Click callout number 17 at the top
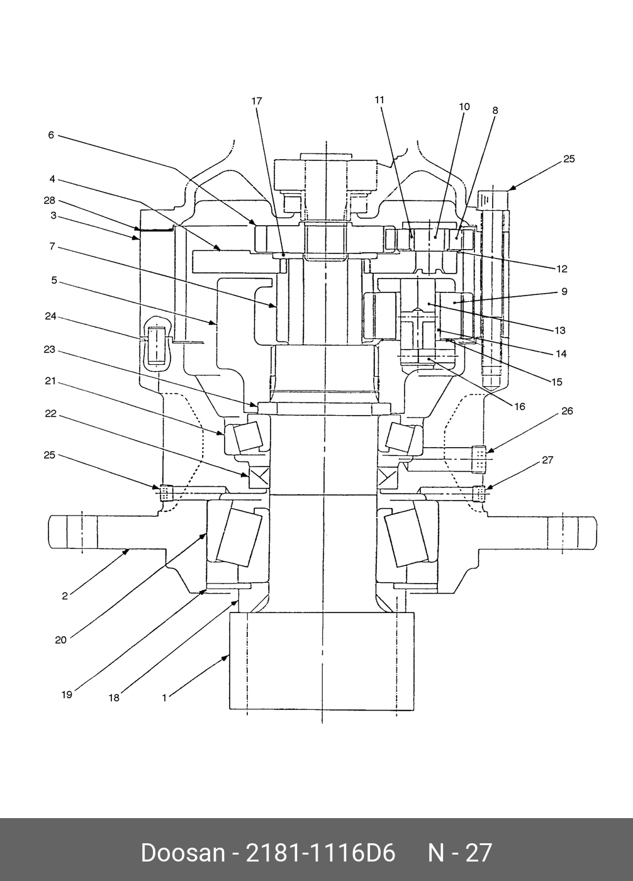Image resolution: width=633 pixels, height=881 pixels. [x=256, y=101]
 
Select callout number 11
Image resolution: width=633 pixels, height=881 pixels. [x=379, y=99]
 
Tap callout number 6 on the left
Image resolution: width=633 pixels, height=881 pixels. [x=51, y=135]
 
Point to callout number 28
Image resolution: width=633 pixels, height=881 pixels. [x=50, y=201]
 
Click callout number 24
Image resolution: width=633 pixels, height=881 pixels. [x=50, y=316]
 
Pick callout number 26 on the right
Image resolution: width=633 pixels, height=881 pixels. [x=567, y=411]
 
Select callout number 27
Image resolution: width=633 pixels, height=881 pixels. [x=547, y=460]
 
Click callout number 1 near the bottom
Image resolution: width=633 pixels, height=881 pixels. [x=164, y=697]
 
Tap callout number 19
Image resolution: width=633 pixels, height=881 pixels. [x=67, y=694]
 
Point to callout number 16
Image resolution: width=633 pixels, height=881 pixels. [x=520, y=406]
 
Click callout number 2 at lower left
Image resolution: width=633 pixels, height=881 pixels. [x=65, y=596]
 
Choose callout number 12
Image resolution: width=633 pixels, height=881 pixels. [x=562, y=269]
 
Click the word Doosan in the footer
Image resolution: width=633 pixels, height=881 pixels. [x=182, y=853]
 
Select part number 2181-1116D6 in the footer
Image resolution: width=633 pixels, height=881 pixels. [x=321, y=853]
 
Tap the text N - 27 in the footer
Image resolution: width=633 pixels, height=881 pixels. [x=460, y=853]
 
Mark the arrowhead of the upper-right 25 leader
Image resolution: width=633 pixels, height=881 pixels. [x=510, y=188]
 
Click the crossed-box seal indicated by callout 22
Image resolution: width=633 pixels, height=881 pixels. [x=259, y=477]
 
